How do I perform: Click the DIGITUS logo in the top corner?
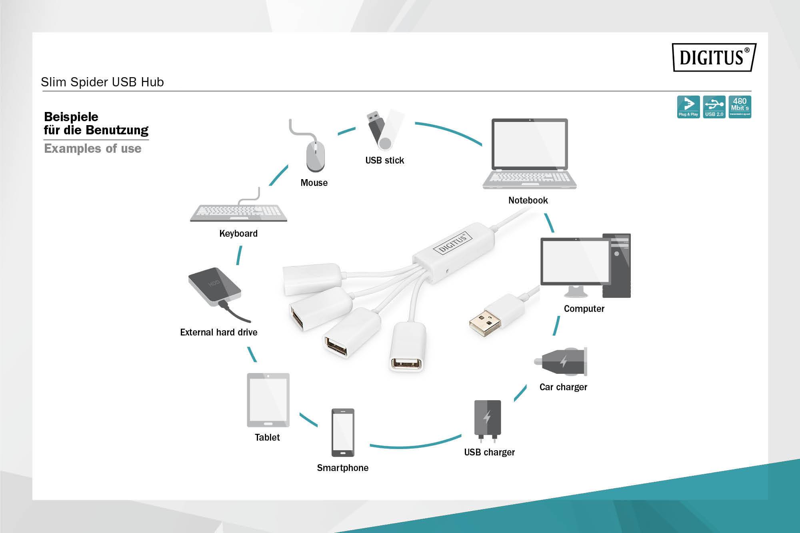[x=714, y=57]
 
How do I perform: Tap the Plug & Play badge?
[x=688, y=107]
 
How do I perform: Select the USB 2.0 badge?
[x=714, y=107]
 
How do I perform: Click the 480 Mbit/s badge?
[x=740, y=107]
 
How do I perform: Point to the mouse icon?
[x=315, y=157]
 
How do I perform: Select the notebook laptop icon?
[x=529, y=154]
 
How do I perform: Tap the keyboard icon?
[x=239, y=212]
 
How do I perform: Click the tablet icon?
[x=268, y=400]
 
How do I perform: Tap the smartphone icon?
[x=343, y=432]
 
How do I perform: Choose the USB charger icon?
[x=487, y=419]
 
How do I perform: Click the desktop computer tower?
[x=616, y=266]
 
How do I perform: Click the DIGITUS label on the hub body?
[x=453, y=243]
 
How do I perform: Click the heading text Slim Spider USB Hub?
[x=102, y=82]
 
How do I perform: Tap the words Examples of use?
[x=93, y=148]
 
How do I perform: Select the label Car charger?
[x=563, y=387]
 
